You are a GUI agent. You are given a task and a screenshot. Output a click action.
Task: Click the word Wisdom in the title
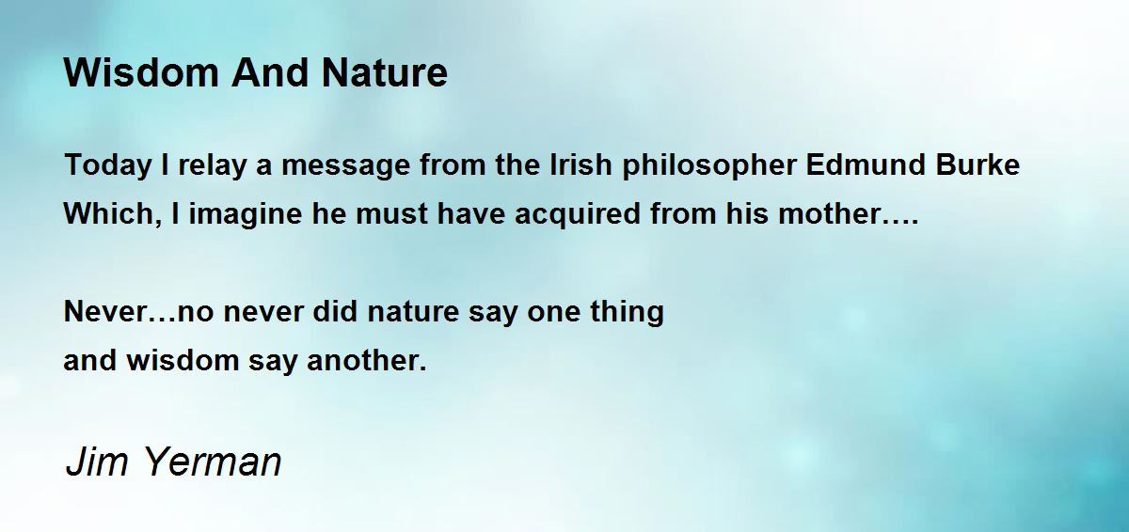point(141,72)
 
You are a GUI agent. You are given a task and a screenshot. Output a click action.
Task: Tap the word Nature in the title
point(384,72)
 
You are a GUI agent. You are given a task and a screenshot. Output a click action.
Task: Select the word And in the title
point(270,72)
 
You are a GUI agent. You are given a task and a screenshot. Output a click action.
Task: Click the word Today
point(108,166)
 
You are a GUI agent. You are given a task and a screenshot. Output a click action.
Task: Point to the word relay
point(212,166)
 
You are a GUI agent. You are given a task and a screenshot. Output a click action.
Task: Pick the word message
point(346,166)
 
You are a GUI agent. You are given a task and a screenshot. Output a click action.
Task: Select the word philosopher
point(709,166)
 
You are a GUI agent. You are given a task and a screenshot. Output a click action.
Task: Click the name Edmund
point(866,164)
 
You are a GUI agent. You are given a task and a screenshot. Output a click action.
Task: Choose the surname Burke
point(978,164)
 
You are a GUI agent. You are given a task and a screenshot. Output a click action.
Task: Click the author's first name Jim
point(97,462)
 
